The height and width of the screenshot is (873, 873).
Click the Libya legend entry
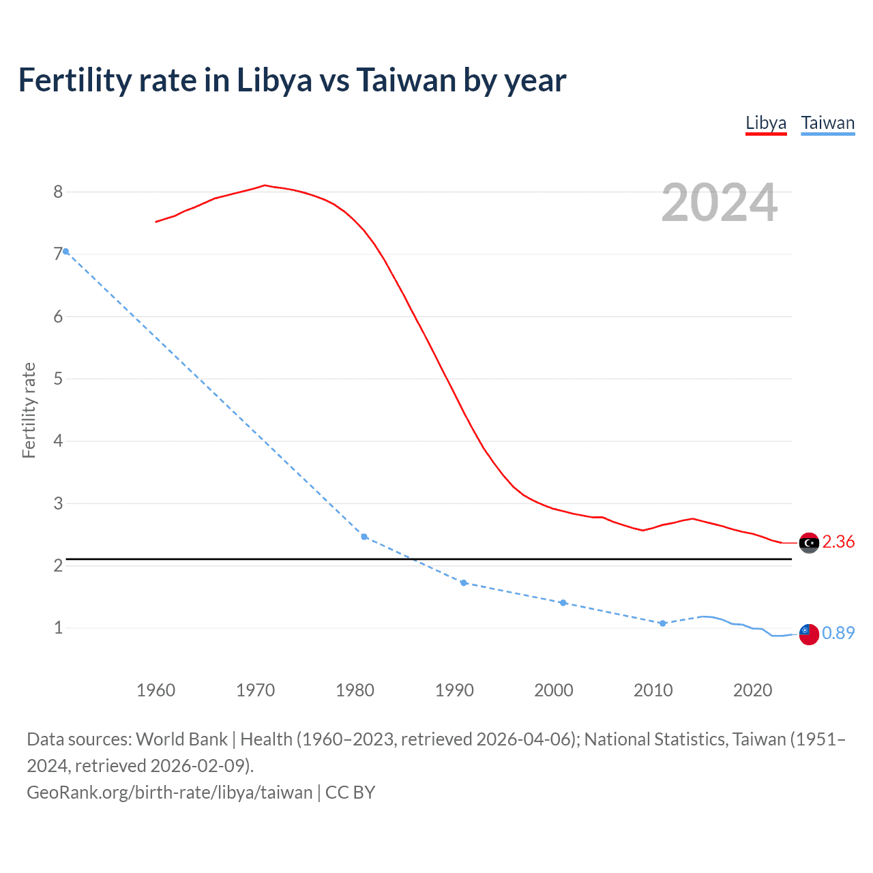pos(766,123)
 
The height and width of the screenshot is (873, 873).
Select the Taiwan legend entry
pos(827,123)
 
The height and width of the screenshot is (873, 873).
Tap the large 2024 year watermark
pos(720,203)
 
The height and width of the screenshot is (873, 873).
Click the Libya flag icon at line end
pos(809,543)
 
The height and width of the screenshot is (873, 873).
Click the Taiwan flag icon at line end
pos(809,634)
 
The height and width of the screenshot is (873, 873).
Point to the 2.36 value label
pos(838,542)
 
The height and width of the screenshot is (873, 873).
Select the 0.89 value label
pos(838,634)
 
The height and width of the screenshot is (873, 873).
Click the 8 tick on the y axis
pos(58,192)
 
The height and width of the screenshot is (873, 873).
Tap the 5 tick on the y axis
pos(58,379)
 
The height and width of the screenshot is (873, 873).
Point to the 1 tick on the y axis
pos(58,628)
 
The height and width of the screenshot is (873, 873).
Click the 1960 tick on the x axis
pos(156,690)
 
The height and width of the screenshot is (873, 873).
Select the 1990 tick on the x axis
pos(454,690)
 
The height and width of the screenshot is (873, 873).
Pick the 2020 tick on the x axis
pos(752,690)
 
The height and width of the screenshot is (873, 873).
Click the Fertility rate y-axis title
pos(29,411)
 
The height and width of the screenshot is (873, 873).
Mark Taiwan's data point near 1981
pos(364,537)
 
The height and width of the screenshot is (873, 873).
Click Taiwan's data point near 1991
pos(464,583)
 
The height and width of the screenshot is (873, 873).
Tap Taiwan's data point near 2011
pos(662,623)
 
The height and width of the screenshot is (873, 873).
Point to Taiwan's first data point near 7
pos(66,252)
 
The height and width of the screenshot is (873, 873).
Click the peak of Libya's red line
pos(265,186)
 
